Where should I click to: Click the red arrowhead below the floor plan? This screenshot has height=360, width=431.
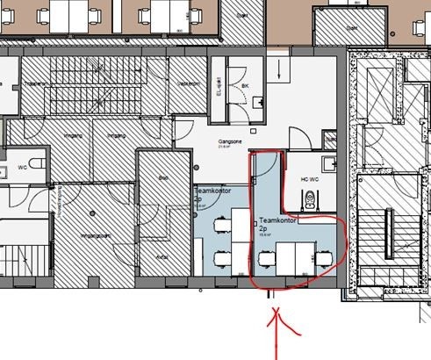(x=277, y=314)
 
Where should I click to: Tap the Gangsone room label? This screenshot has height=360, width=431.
(x=230, y=140)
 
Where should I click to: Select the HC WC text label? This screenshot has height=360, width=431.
(x=310, y=179)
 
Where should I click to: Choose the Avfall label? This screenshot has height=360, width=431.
(x=161, y=256)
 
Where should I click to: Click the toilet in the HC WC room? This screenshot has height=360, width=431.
(x=327, y=162)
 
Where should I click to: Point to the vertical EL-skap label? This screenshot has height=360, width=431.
(x=219, y=90)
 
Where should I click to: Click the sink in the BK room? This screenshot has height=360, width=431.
(x=255, y=103)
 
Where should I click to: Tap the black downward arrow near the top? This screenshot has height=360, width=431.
(x=280, y=70)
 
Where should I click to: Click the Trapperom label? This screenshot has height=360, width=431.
(x=35, y=83)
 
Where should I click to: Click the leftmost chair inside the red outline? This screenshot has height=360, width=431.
(x=266, y=256)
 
